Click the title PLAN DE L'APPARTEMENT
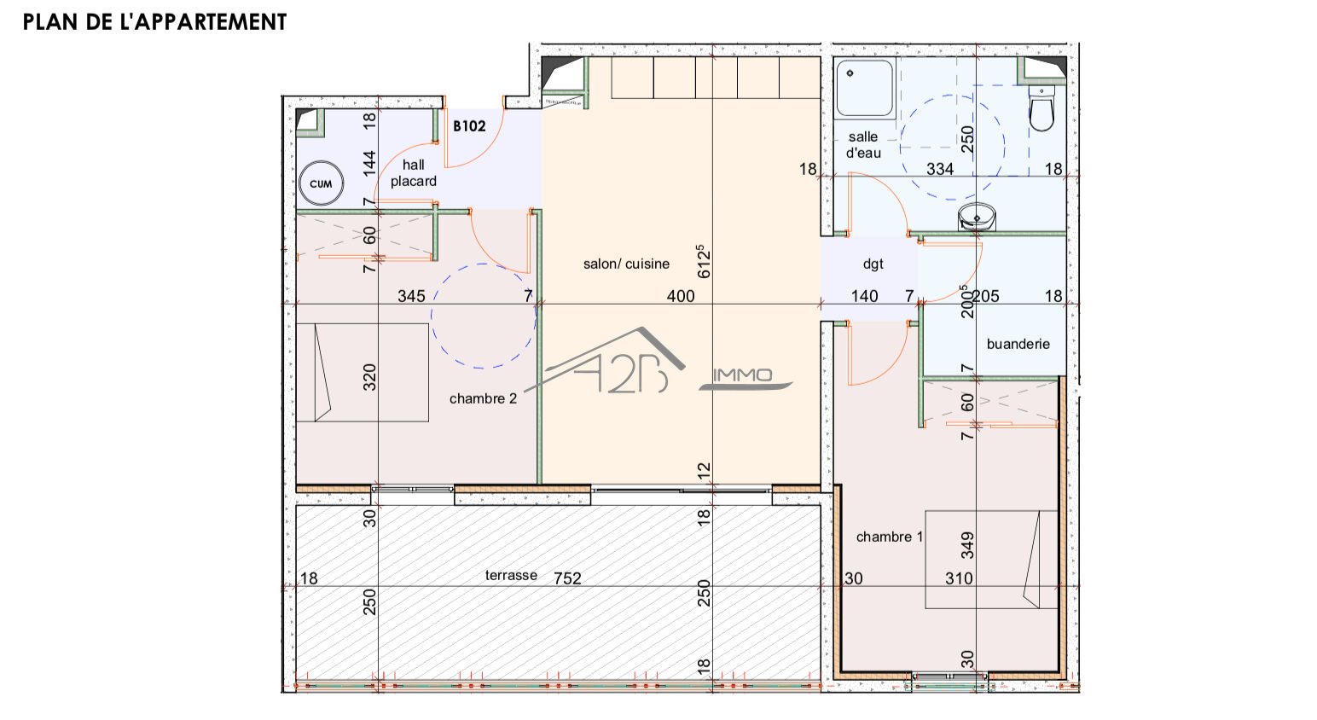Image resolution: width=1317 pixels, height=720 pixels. point(154,22)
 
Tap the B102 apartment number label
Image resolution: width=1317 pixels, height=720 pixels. point(469,126)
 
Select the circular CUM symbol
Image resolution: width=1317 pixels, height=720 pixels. point(321,183)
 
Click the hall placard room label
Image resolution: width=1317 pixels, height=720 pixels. point(414,173)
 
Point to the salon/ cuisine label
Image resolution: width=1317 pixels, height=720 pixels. point(626,264)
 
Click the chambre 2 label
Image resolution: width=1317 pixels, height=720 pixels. point(483,398)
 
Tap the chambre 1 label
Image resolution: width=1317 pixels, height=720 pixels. point(890,537)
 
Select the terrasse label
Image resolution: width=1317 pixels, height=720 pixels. point(511,576)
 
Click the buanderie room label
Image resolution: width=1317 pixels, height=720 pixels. point(1018,344)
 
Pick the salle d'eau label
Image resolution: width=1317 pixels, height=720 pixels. point(863,145)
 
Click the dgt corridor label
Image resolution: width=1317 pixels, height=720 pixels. point(873,264)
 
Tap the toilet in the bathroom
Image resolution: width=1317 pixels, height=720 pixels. point(1041,109)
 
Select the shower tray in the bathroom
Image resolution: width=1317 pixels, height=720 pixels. point(864,88)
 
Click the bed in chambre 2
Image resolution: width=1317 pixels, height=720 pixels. point(362,372)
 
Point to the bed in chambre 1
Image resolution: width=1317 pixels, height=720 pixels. point(990,560)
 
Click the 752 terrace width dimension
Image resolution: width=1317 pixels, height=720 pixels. point(567,578)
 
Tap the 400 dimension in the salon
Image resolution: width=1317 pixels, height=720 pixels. point(680,296)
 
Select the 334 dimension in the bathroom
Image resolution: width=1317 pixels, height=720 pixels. point(940,169)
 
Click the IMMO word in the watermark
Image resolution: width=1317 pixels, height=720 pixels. point(742,375)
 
